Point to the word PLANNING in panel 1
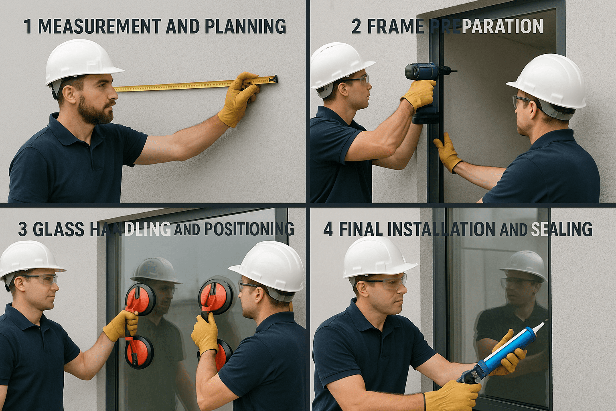tap(245, 26)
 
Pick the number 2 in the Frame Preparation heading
tap(356, 26)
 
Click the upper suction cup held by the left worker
tap(140, 299)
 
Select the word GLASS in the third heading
tap(59, 229)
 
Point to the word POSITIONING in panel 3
tap(249, 229)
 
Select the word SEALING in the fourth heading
tap(561, 229)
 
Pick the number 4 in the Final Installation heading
tap(328, 229)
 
